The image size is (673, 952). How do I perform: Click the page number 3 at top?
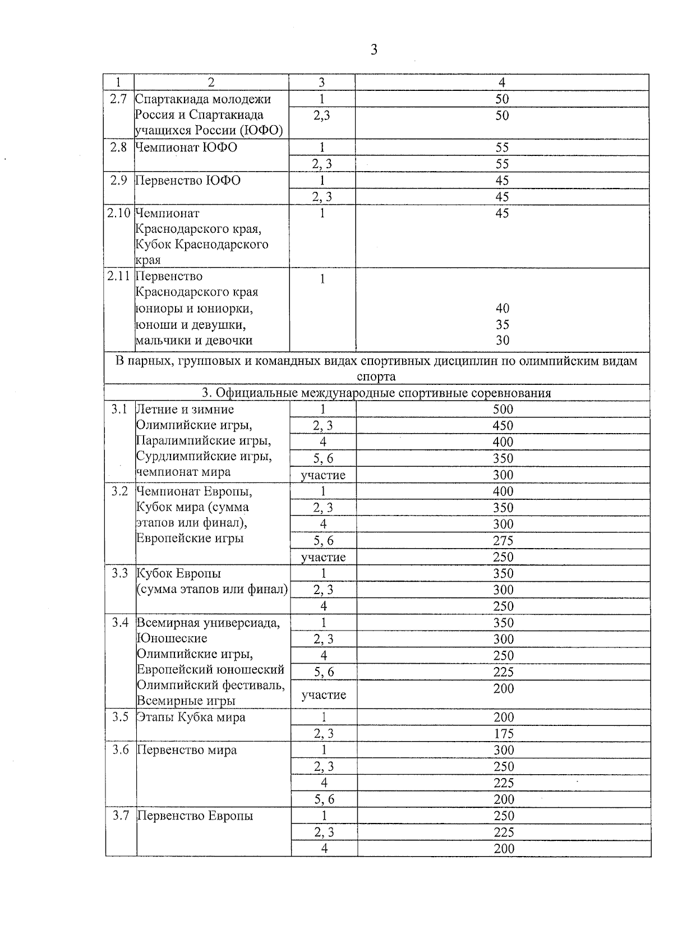coord(374,50)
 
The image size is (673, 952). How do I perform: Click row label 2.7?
coord(118,99)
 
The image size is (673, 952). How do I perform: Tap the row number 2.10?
coord(119,213)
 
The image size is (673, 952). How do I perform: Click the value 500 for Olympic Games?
coord(503,410)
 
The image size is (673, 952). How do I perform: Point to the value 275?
coord(503,541)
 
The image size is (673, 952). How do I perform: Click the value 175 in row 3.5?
coord(504,734)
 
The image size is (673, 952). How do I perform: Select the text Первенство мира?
coord(187,750)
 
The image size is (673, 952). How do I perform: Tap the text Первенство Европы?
coord(195,816)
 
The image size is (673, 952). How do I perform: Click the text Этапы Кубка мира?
coord(191,718)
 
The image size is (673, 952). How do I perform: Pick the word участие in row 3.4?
coord(324,695)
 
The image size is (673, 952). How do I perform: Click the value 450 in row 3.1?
coord(503,426)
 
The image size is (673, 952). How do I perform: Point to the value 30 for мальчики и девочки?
coord(503,341)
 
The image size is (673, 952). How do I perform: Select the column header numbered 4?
coord(502,82)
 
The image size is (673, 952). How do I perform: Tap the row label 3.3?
coord(120,573)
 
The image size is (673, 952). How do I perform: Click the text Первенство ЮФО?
coord(188,181)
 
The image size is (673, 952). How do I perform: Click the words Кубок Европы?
coord(179,573)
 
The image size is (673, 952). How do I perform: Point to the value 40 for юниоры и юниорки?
coord(503,309)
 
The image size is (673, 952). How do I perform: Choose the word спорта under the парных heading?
coord(376,376)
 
